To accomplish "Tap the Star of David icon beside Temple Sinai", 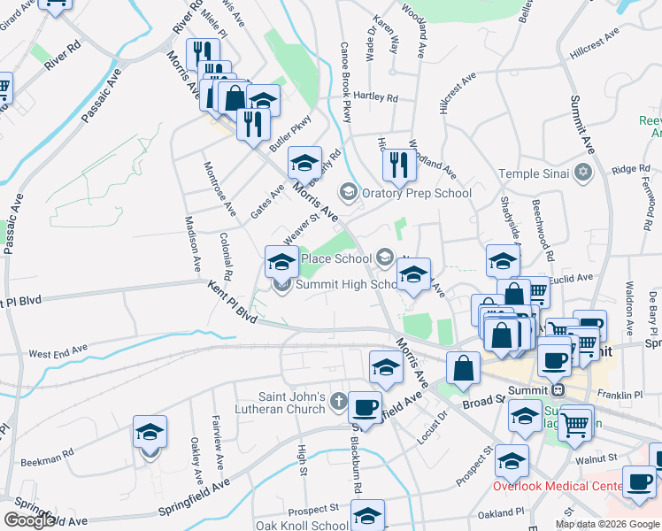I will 582,173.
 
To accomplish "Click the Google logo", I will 29,520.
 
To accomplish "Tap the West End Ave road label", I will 54,353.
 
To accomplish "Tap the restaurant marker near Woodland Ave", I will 399,164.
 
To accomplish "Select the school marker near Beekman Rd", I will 150,433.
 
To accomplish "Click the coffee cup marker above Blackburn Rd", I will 364,407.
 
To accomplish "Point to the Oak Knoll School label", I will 303,525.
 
